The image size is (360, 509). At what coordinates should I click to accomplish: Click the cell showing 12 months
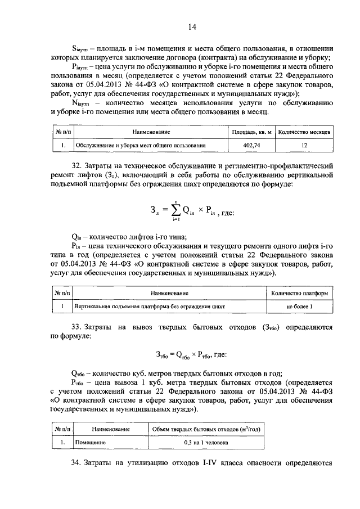coord(305,145)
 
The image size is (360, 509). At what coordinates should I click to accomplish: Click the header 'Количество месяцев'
coord(305,132)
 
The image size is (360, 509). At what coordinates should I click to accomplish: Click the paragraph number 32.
coord(76,166)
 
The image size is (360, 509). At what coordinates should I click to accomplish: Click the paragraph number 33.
coord(76,327)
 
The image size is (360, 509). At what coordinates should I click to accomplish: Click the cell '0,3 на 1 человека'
coord(206,443)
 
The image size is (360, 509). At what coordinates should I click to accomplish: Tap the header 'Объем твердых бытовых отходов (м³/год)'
coord(206,429)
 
